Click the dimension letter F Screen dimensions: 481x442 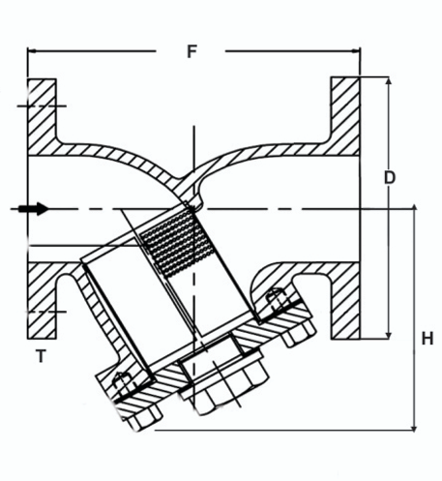(x=192, y=51)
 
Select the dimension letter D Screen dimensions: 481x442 (x=390, y=178)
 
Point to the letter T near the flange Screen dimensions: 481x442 (x=40, y=355)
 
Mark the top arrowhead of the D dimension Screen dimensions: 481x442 (x=390, y=80)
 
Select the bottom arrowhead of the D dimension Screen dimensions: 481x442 (x=390, y=333)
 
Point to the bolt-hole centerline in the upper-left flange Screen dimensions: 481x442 (x=41, y=103)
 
